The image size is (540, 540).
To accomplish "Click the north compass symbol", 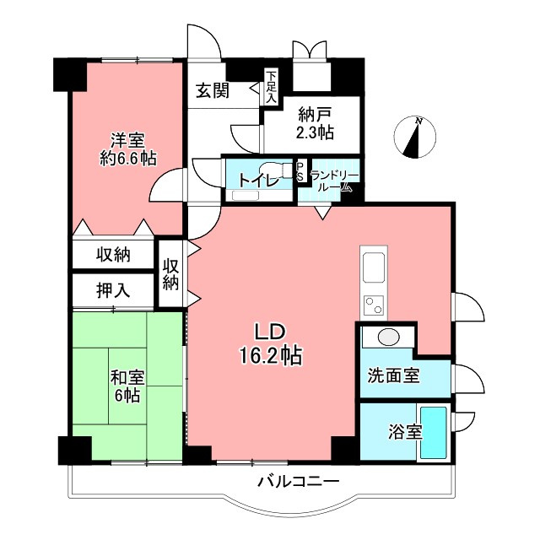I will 415,138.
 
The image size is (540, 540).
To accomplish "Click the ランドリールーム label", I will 334,181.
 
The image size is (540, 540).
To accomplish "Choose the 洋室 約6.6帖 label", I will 127,148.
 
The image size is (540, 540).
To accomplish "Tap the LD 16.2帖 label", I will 268,343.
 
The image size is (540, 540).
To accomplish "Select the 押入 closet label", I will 112,291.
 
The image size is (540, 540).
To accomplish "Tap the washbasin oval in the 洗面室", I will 387,338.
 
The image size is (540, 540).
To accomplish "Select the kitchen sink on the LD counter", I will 373,269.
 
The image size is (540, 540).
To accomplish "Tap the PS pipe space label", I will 300,170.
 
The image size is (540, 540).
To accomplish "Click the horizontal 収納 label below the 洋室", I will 112,254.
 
